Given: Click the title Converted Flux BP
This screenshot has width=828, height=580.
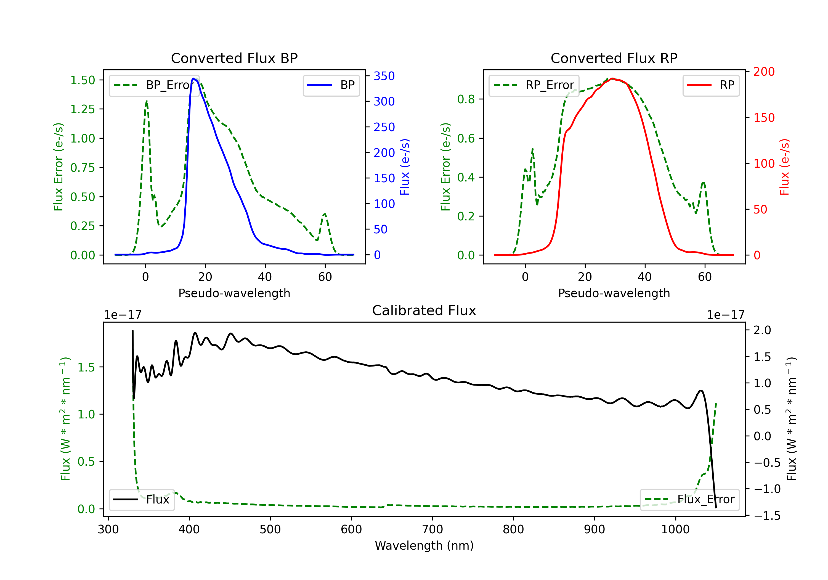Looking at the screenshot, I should [234, 58].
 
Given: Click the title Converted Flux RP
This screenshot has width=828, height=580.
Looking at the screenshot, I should [614, 58].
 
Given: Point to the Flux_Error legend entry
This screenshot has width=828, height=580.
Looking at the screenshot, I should [689, 500].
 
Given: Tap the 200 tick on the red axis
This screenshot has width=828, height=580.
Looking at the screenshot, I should [764, 72].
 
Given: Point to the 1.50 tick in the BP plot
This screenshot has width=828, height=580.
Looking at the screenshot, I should [83, 80].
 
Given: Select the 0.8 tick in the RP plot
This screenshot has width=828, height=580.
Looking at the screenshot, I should [466, 99].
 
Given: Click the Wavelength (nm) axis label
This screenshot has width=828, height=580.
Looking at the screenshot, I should [424, 545].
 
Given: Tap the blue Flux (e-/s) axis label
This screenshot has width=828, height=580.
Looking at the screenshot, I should [405, 167].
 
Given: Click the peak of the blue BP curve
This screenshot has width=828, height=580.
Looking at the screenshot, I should [193, 78].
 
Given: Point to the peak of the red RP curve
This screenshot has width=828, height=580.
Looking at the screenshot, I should [612, 78].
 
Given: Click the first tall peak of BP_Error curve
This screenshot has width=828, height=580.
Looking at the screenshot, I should [146, 101].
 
